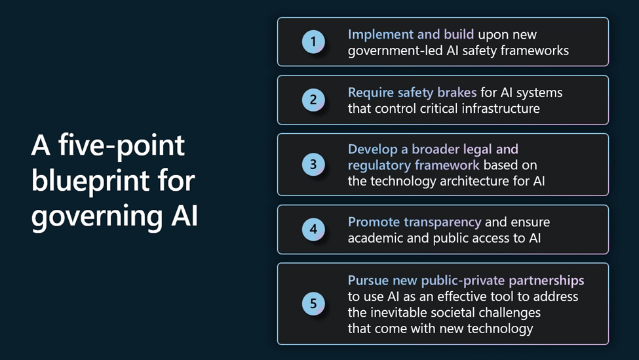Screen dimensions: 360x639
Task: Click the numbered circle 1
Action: point(313,42)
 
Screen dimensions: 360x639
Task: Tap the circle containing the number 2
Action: point(313,100)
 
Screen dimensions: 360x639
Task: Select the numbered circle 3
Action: point(313,165)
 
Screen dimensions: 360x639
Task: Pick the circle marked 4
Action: point(313,230)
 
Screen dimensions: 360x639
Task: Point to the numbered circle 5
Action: point(313,304)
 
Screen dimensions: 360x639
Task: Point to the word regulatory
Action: point(378,165)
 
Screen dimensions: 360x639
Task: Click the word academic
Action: point(376,238)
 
